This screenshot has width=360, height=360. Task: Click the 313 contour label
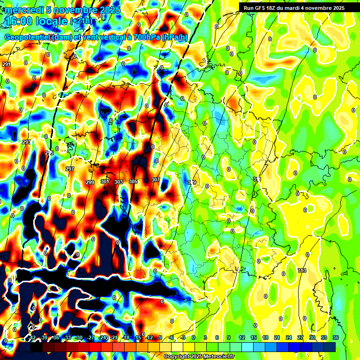[302, 270]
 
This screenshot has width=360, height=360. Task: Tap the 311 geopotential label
[257, 180]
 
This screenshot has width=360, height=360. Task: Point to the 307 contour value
[156, 180]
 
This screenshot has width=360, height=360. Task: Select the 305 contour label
[133, 181]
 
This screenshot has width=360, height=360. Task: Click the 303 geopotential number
[119, 181]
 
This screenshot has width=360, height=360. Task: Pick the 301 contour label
[105, 181]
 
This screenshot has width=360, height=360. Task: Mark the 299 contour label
[90, 182]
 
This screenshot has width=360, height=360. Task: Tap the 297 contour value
[70, 169]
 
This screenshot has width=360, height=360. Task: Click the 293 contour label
[26, 142]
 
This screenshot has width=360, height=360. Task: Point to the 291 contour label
[6, 64]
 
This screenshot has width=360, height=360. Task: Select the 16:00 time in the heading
[22, 22]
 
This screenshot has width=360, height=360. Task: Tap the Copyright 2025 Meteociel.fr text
[199, 356]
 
